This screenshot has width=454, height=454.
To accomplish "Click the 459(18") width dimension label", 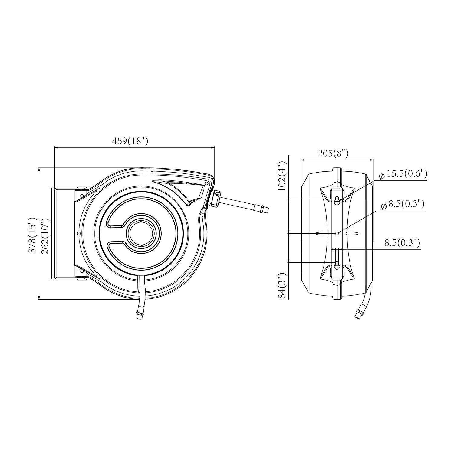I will [x=130, y=141].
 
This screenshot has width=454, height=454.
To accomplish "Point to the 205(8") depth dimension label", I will [x=333, y=154].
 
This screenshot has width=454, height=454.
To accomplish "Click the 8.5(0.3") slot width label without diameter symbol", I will [x=402, y=243].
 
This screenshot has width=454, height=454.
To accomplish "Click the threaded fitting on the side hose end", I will [x=263, y=209].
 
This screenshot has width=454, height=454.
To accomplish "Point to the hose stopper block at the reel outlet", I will [x=215, y=198].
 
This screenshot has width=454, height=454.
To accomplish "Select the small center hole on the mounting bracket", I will [x=337, y=233].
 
